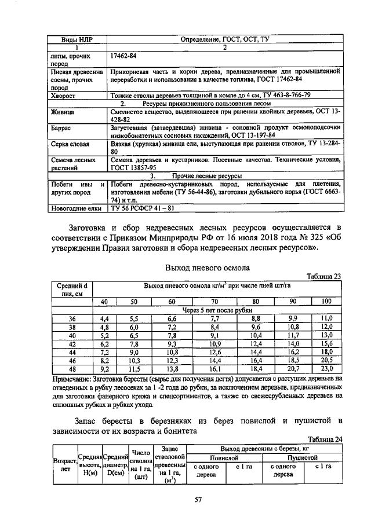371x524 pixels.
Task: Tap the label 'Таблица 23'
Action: tap(324, 277)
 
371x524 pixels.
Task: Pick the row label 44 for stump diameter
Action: tap(72, 351)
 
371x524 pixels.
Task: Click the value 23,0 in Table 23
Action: tap(326, 368)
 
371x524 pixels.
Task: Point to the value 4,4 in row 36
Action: tap(104, 318)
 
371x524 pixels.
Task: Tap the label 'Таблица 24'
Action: tap(324, 439)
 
